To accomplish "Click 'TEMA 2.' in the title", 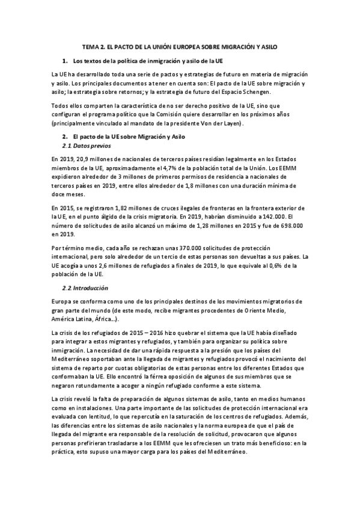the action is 93,46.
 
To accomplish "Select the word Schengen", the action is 257,91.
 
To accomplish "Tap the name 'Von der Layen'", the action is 219,123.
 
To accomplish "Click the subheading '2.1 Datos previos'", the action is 87,147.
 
